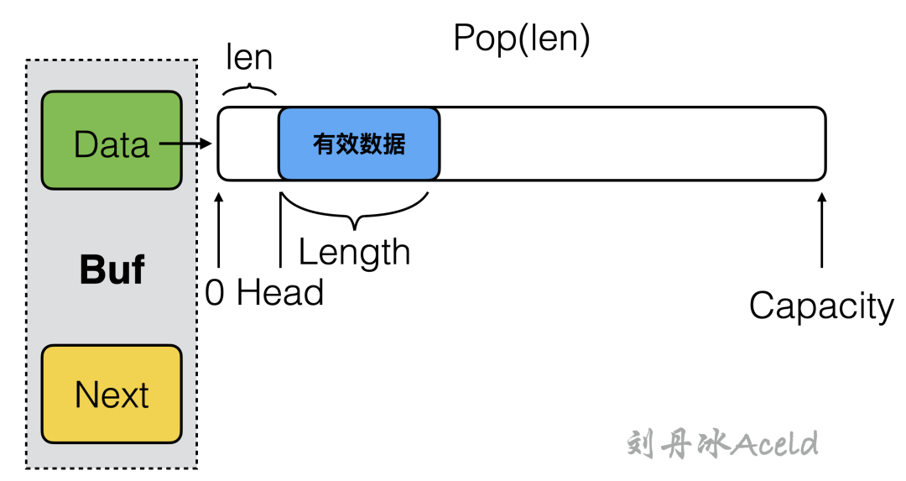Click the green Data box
(x=112, y=139)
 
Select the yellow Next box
(x=112, y=394)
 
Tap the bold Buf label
(x=112, y=270)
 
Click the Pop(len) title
(x=522, y=39)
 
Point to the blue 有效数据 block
(x=359, y=144)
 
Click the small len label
(x=249, y=57)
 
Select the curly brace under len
(x=250, y=88)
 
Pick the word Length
(x=354, y=252)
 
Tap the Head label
(x=280, y=294)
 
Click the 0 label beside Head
(x=215, y=294)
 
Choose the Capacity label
(x=821, y=306)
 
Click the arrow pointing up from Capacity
(x=822, y=231)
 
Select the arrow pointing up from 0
(x=219, y=231)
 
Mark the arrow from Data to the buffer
(x=185, y=144)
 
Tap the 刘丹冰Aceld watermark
(x=721, y=443)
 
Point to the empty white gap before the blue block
(x=248, y=144)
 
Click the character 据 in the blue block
(x=394, y=144)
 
